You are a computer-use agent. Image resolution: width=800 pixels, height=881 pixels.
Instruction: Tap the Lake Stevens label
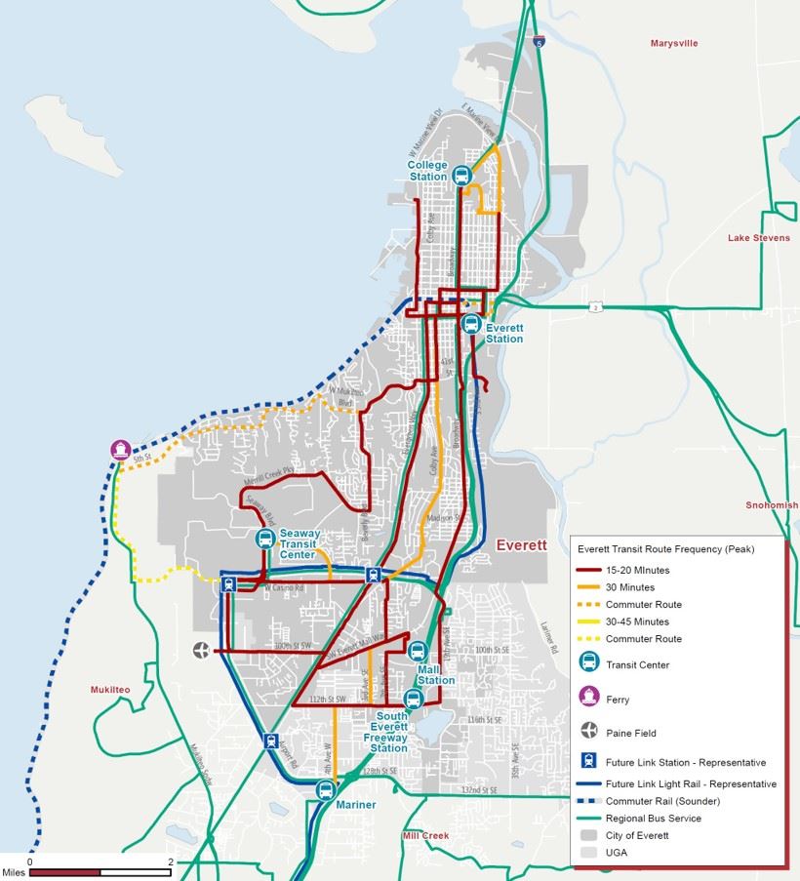point(758,238)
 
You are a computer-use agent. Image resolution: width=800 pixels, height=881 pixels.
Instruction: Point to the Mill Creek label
point(425,836)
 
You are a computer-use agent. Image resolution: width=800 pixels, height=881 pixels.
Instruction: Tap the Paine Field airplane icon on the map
point(202,650)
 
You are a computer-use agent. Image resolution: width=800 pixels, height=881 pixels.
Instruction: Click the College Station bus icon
point(461,175)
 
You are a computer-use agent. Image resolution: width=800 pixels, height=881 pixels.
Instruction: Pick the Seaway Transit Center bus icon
point(264,539)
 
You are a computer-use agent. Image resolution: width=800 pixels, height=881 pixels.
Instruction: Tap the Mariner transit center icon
point(327,789)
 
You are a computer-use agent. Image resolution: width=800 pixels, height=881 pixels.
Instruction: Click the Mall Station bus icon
point(419,651)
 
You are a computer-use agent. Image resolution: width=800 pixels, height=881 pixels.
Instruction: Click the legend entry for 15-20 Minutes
point(637,570)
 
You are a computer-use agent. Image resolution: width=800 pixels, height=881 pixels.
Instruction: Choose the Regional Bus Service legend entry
point(653,819)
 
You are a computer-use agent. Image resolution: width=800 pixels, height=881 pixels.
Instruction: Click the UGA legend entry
point(617,852)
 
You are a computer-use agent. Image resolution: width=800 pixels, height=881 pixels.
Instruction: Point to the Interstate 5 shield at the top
point(540,43)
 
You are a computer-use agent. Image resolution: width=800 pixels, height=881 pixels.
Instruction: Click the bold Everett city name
point(521,545)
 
